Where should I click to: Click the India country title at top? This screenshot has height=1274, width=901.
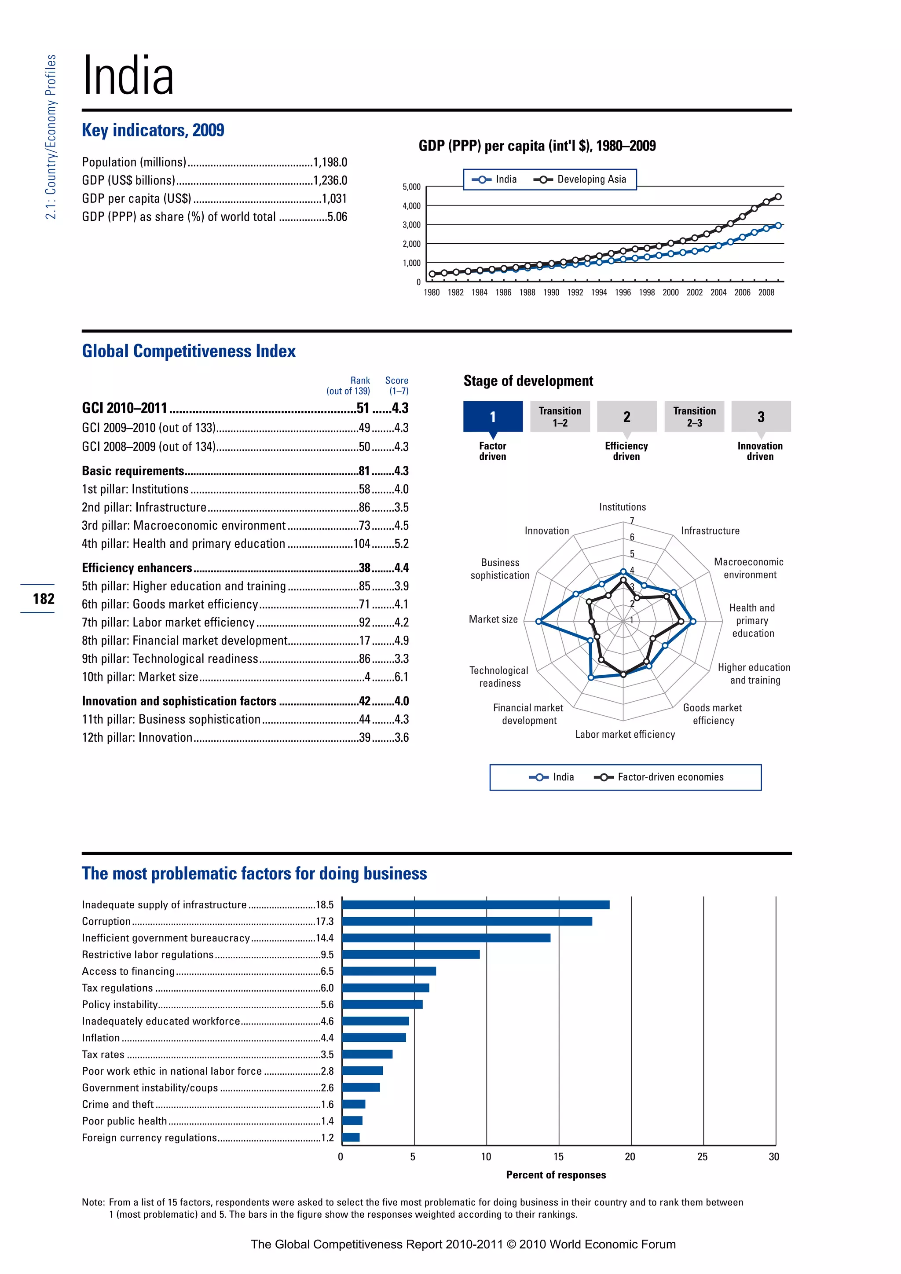[x=128, y=76]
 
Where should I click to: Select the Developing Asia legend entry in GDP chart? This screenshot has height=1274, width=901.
[x=580, y=179]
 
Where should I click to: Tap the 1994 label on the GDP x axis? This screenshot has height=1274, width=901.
[x=599, y=293]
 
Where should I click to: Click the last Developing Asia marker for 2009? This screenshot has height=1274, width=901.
[x=778, y=197]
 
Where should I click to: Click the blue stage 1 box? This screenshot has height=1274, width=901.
[x=493, y=417]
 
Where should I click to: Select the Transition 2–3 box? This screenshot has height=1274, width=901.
[x=694, y=417]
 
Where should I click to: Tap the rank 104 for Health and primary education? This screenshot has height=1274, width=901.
[x=362, y=544]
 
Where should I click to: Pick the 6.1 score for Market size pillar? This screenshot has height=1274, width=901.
[x=401, y=677]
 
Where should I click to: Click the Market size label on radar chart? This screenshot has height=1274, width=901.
[x=493, y=619]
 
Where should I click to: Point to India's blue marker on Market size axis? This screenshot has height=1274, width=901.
[x=538, y=622]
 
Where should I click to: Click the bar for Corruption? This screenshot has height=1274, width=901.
[x=467, y=921]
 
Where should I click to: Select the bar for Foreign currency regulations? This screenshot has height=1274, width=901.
[x=351, y=1138]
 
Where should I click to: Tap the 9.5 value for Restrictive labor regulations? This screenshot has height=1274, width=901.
[x=327, y=954]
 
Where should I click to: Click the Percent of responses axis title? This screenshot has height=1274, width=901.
[x=556, y=1175]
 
